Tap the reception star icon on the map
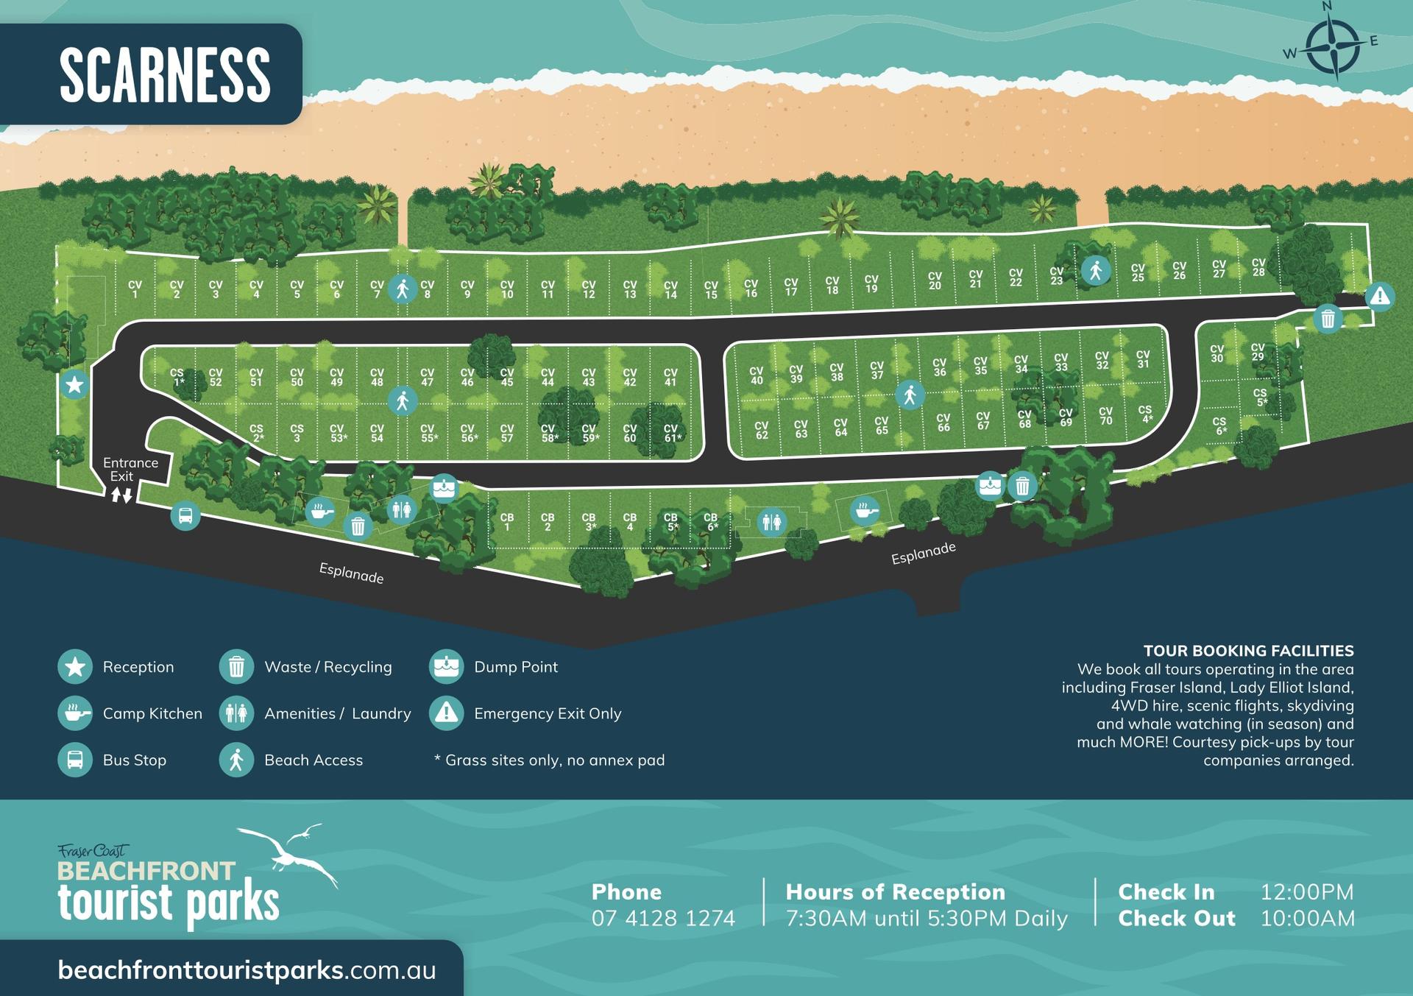(74, 384)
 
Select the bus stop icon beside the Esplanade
(185, 515)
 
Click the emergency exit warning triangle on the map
(1380, 297)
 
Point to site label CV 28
(1258, 267)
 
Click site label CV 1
(135, 289)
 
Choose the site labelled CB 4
(629, 522)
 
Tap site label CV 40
(757, 375)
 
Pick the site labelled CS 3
(297, 433)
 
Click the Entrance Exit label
(130, 469)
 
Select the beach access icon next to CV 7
(403, 289)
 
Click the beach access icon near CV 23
(1096, 270)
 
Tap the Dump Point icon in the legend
(447, 666)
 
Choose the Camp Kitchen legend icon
(75, 713)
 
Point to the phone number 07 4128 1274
(663, 918)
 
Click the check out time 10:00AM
(1307, 918)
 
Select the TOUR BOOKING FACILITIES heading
(1248, 651)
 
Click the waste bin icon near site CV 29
(1328, 319)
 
